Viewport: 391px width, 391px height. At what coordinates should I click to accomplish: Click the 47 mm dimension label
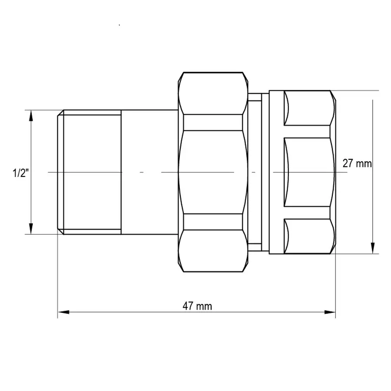click(197, 306)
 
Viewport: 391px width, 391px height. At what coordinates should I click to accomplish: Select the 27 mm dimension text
click(357, 163)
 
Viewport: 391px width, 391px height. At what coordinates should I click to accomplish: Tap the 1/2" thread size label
click(20, 172)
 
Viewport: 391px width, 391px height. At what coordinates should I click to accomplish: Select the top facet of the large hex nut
click(213, 93)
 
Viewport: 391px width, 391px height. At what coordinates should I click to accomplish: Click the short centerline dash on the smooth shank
click(141, 172)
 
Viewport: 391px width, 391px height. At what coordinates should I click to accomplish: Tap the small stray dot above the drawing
click(119, 25)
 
